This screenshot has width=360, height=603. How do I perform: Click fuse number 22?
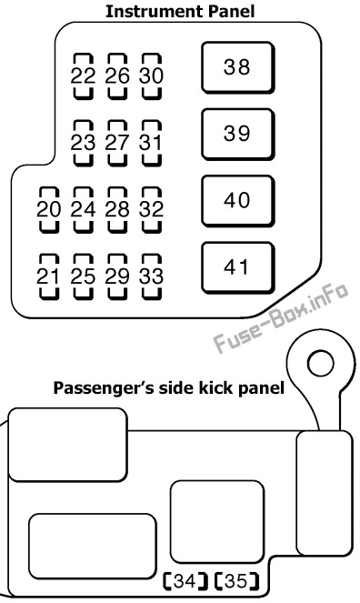click(83, 76)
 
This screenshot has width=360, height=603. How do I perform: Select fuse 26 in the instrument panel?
click(117, 76)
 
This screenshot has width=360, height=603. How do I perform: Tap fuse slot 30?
click(152, 76)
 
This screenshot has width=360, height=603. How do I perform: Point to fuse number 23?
click(83, 143)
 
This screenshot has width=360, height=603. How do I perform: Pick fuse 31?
click(152, 143)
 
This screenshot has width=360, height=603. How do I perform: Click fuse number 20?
click(49, 210)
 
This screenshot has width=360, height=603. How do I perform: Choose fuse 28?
click(117, 210)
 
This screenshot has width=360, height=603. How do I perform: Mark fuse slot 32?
click(152, 210)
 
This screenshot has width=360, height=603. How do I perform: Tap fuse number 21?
click(49, 276)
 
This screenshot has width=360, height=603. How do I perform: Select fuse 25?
click(83, 276)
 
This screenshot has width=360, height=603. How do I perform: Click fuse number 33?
click(152, 276)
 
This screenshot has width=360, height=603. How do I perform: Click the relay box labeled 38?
click(238, 67)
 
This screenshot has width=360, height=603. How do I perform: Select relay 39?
click(238, 135)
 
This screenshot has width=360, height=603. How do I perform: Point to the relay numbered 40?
click(238, 201)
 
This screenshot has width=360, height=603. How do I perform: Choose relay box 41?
click(238, 267)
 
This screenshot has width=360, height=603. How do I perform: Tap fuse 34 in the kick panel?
click(185, 581)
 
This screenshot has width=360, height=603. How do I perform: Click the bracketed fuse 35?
click(235, 581)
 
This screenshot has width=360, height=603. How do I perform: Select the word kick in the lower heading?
click(216, 387)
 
